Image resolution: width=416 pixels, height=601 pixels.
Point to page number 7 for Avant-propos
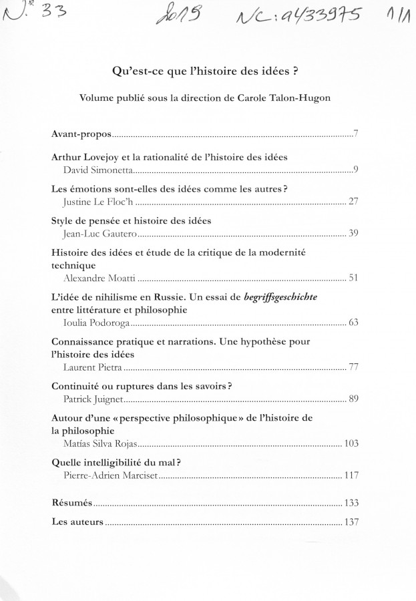point(357,136)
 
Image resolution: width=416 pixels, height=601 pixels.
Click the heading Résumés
point(72,502)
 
